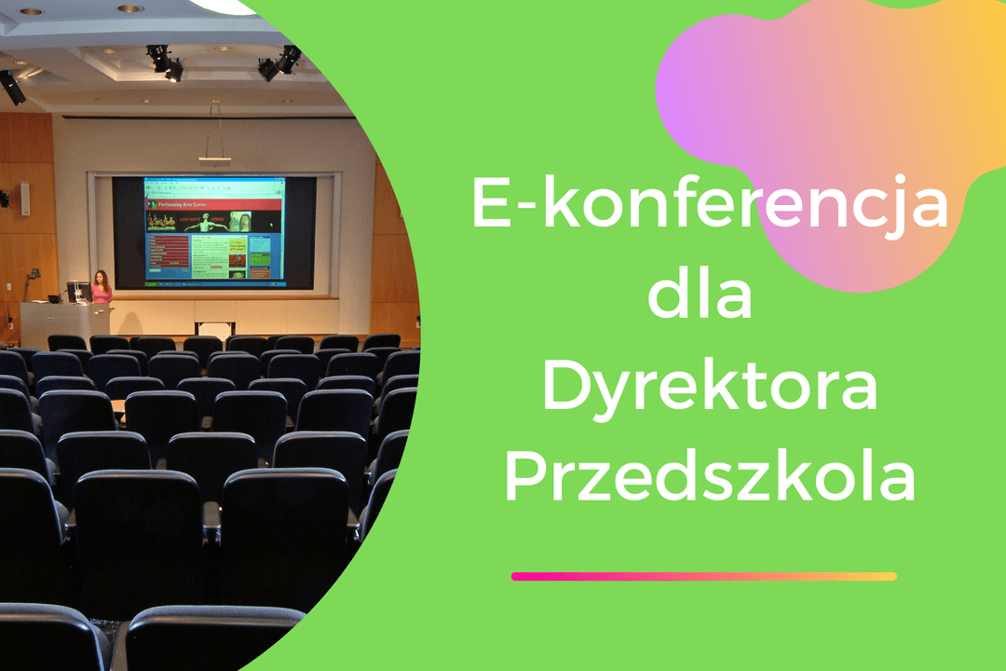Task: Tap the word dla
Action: click(700, 294)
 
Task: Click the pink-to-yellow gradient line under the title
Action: click(704, 576)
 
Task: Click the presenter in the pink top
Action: click(102, 288)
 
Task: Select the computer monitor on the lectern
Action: click(76, 292)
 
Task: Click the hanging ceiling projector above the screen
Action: click(215, 159)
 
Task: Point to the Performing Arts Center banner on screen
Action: click(213, 203)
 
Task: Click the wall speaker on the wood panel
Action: click(25, 199)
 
